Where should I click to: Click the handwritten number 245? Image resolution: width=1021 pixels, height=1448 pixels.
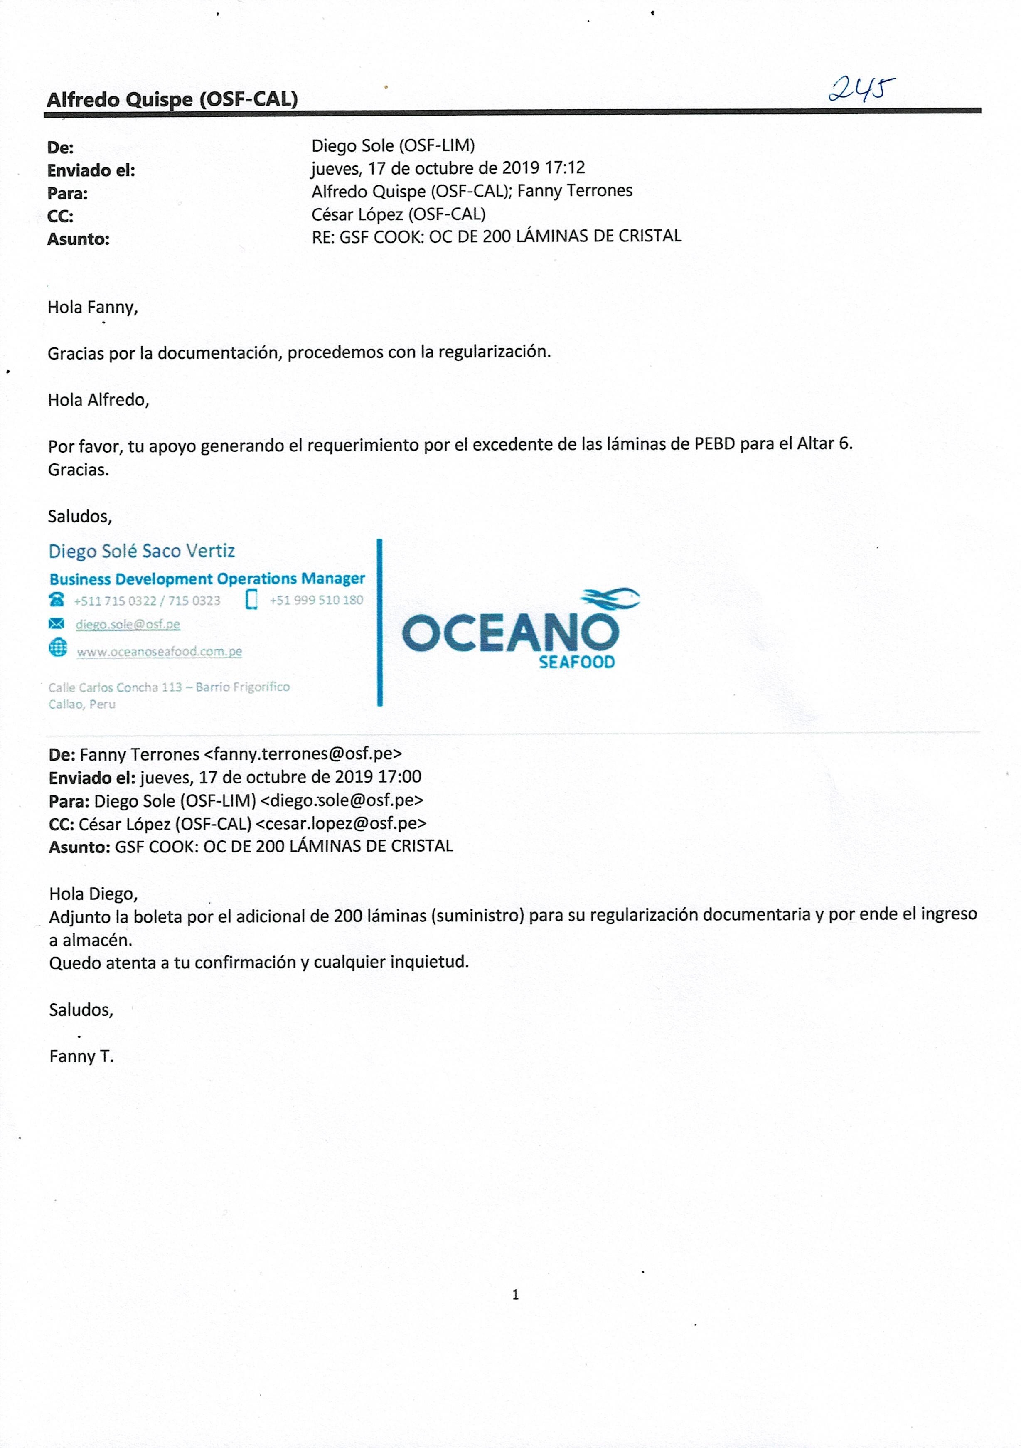(x=861, y=89)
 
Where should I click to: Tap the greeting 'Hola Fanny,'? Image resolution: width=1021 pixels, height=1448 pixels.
(x=93, y=308)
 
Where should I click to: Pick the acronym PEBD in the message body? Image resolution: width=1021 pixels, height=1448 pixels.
(x=714, y=444)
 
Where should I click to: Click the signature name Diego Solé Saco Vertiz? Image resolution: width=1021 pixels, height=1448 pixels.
(x=141, y=551)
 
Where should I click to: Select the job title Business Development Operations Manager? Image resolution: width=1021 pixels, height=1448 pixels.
(x=207, y=579)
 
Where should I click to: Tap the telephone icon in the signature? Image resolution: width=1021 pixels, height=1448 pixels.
(x=57, y=599)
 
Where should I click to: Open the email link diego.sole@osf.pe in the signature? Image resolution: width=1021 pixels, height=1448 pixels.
(x=128, y=624)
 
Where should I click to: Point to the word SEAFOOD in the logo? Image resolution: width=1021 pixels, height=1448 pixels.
(x=576, y=662)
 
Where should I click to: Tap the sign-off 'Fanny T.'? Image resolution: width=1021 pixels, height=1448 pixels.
(x=81, y=1056)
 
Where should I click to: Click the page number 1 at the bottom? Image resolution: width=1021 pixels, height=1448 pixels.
(x=516, y=1295)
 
